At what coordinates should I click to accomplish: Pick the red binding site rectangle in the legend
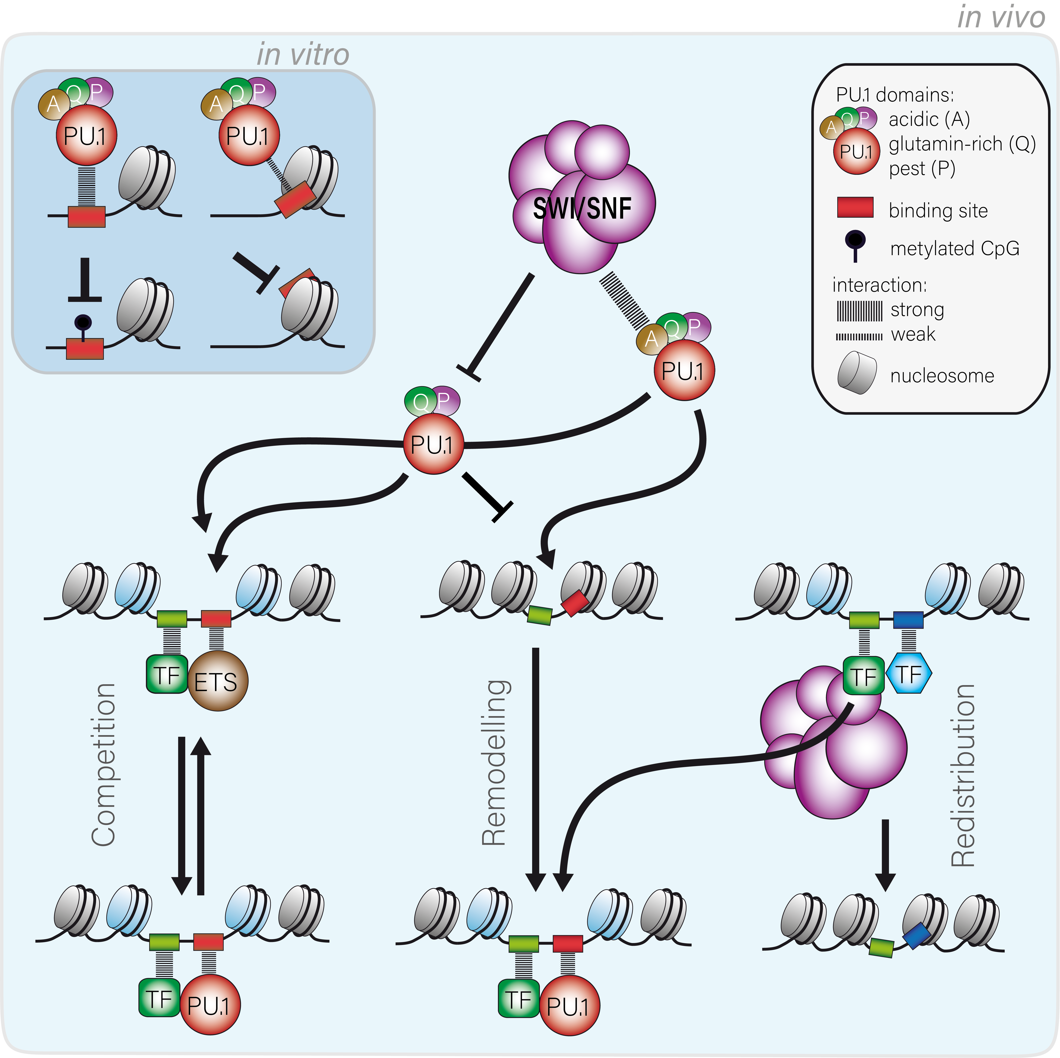pyautogui.click(x=855, y=207)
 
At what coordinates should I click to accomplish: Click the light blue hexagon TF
pyautogui.click(x=909, y=673)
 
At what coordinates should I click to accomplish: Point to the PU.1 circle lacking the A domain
pyautogui.click(x=433, y=444)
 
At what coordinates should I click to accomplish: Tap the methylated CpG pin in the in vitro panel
pyautogui.click(x=83, y=324)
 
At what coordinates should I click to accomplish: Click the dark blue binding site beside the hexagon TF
pyautogui.click(x=908, y=619)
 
